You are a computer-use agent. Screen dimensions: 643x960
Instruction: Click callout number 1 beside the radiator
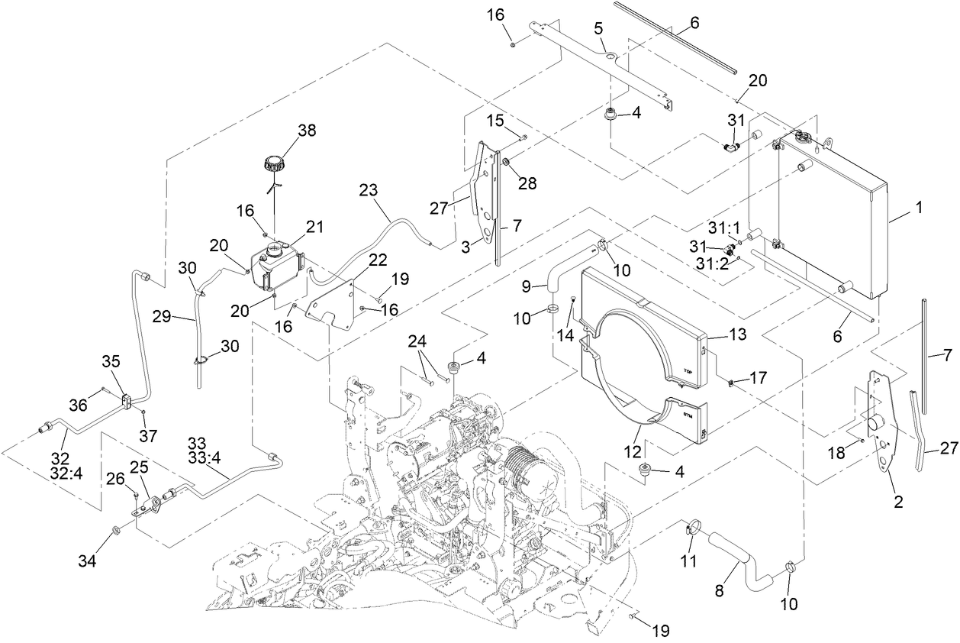point(919,207)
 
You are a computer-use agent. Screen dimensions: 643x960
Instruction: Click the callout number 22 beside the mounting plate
point(356,260)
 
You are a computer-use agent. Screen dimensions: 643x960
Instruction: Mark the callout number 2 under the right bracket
point(898,502)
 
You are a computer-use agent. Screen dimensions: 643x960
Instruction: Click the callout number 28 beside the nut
point(527,183)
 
